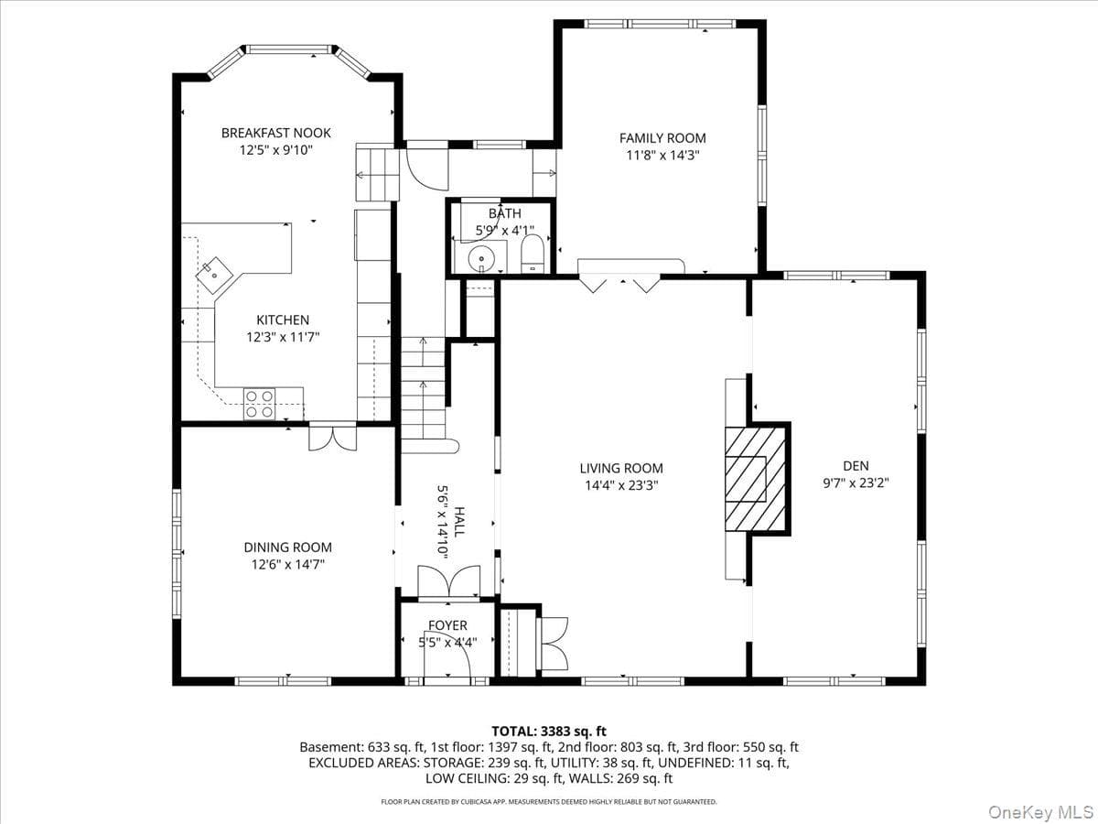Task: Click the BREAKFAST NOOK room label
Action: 276,133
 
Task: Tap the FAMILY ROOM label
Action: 662,138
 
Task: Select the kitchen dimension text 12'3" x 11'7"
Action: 283,337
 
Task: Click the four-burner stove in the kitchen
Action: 259,403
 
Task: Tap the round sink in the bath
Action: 481,259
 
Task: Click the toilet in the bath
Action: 533,255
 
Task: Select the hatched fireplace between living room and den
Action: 756,479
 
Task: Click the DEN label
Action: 856,466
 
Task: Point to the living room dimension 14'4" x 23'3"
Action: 621,485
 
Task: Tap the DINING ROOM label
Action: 287,548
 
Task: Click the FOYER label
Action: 447,625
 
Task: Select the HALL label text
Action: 458,522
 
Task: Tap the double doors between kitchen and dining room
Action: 333,439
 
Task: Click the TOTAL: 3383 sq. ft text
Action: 549,732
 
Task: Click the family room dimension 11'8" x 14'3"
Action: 662,156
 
